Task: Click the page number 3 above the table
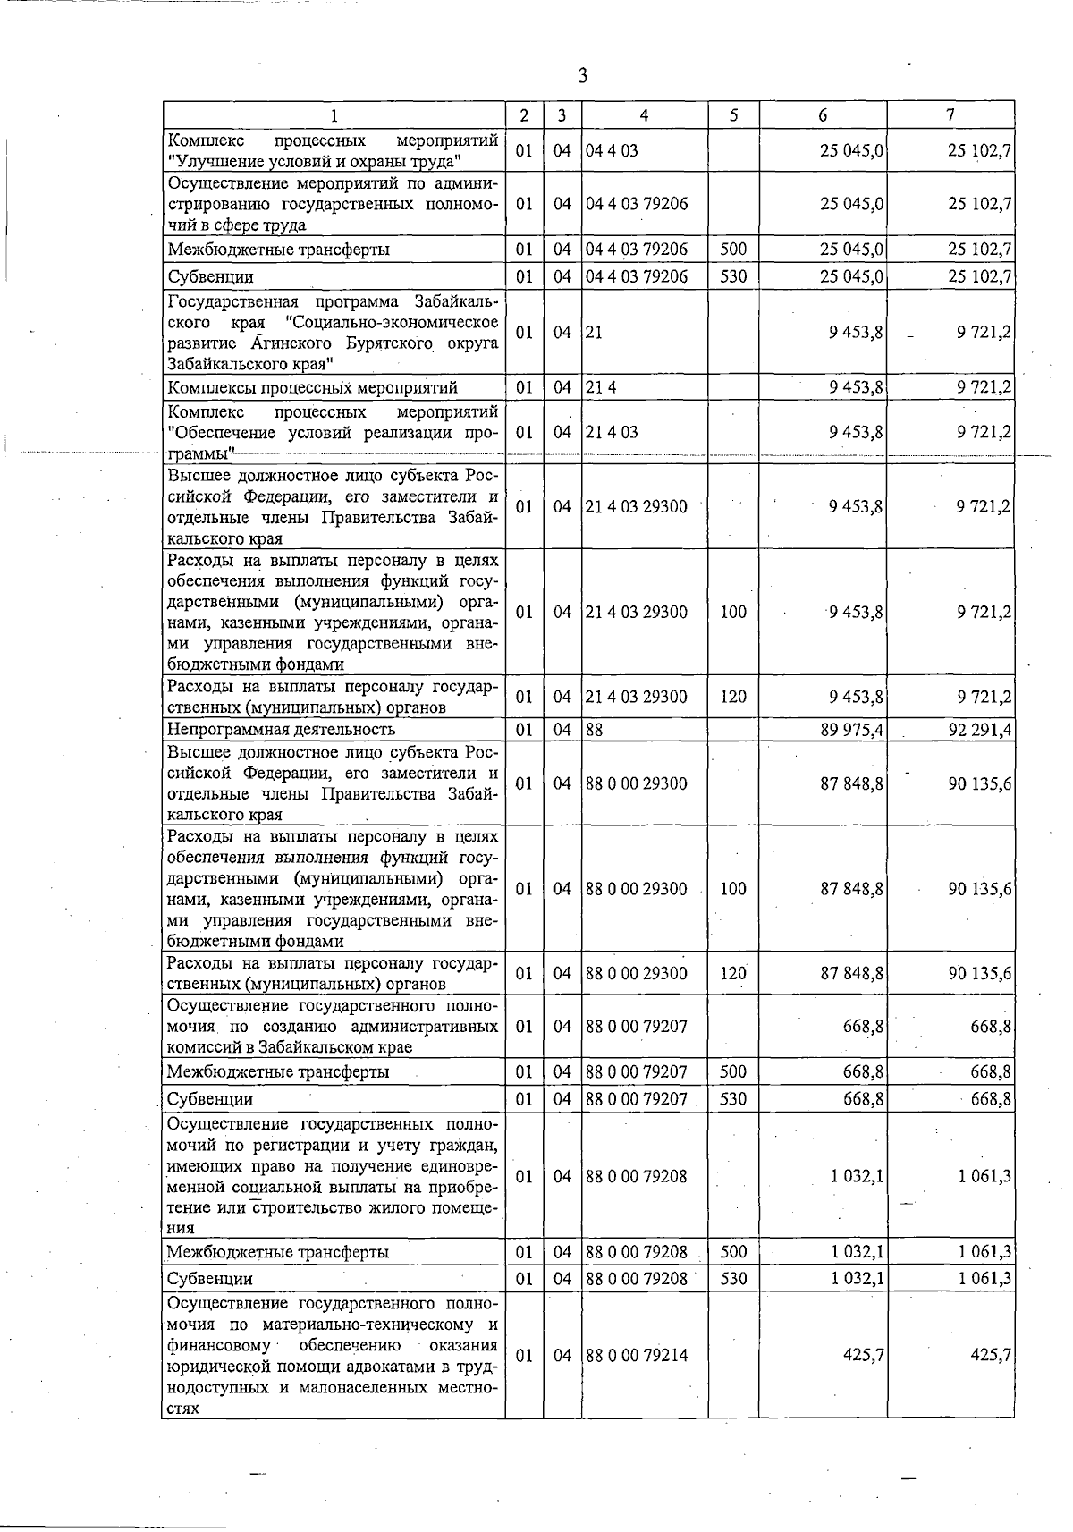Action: [x=582, y=76]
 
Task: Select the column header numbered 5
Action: [x=733, y=115]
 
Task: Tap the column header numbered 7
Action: [x=950, y=115]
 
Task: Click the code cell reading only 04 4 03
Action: [x=613, y=150]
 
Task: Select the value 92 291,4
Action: [x=980, y=730]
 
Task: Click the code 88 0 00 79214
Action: [x=637, y=1355]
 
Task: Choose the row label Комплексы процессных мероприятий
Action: [x=312, y=387]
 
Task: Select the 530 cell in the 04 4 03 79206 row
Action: [x=733, y=276]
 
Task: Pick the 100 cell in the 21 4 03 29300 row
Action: [x=733, y=612]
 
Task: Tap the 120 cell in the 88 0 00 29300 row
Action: [x=733, y=973]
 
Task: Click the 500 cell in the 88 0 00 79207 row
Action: [x=733, y=1071]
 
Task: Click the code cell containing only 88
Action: [x=595, y=730]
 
